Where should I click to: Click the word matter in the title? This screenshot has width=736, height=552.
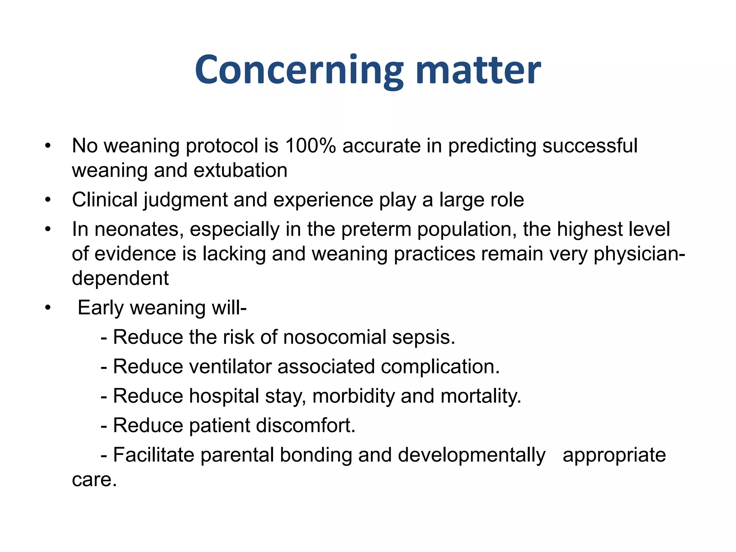click(478, 70)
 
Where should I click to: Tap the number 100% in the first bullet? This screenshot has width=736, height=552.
click(310, 146)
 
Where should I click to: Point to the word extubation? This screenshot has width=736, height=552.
click(240, 170)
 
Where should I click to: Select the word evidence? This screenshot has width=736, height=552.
click(135, 254)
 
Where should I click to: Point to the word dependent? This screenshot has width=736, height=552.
click(120, 278)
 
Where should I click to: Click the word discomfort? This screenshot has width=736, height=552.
click(305, 426)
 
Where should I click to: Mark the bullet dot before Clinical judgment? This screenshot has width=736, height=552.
click(48, 200)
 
